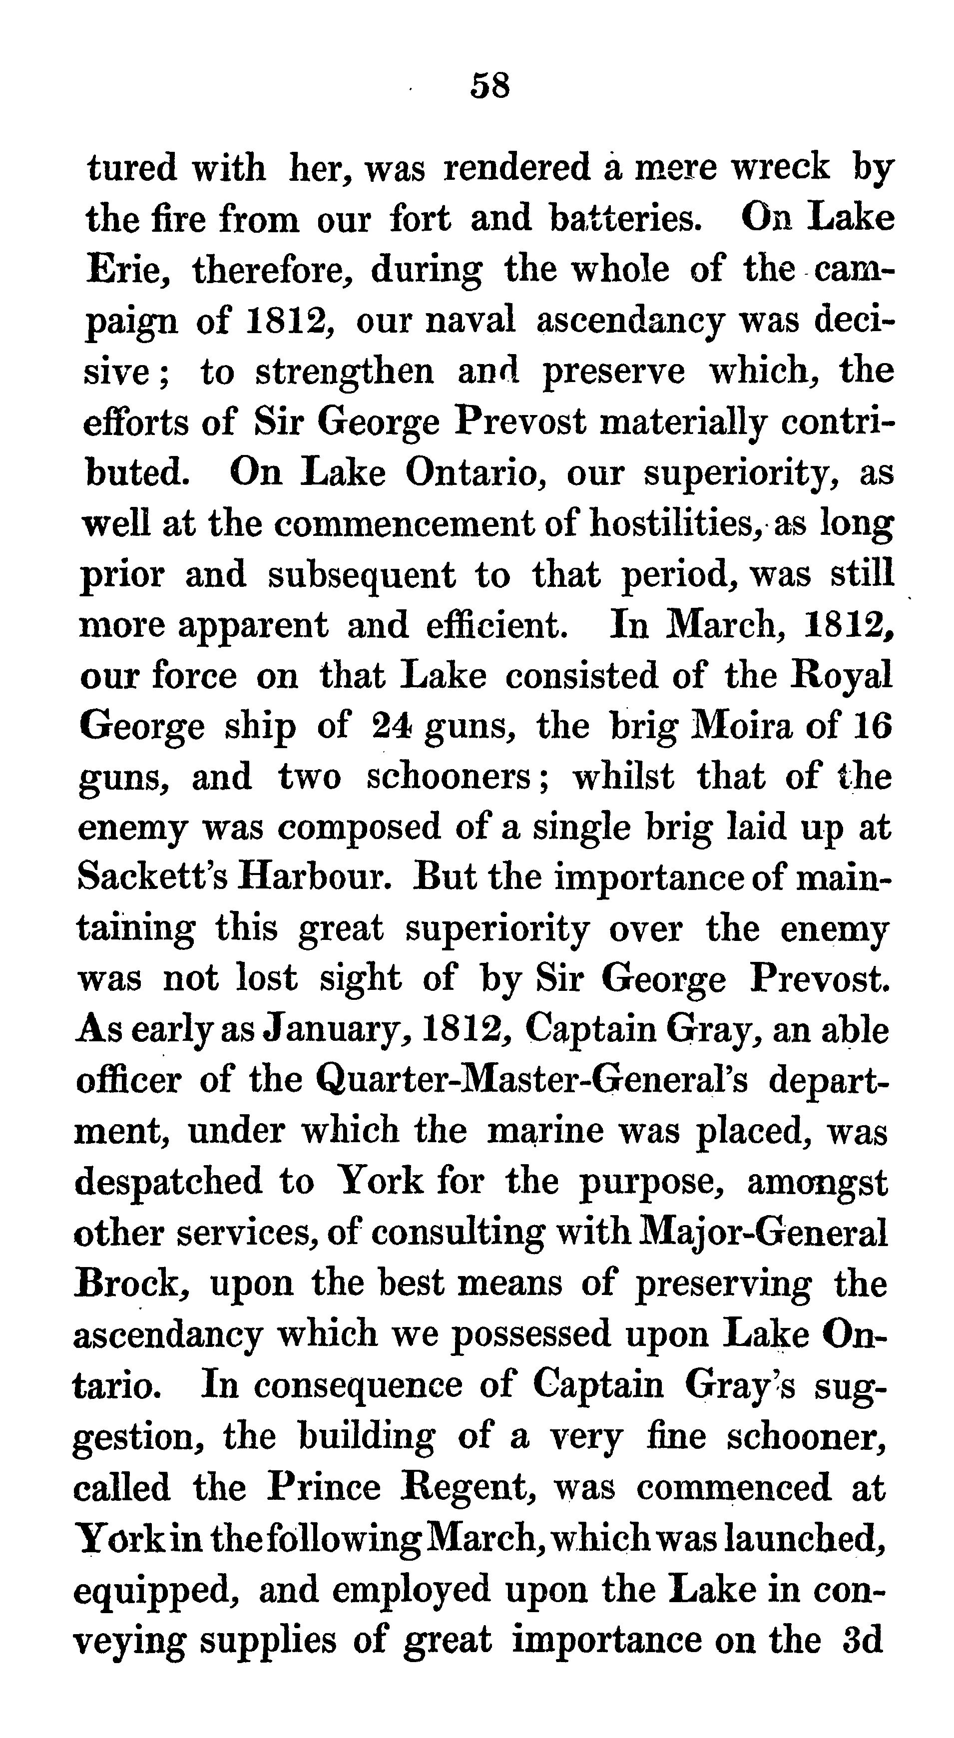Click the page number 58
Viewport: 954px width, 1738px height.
pyautogui.click(x=490, y=86)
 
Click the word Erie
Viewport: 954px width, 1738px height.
pyautogui.click(x=127, y=269)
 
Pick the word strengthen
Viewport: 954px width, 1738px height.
pyautogui.click(x=344, y=371)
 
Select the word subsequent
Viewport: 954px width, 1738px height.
pyautogui.click(x=362, y=575)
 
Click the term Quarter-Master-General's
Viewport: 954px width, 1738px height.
pyautogui.click(x=531, y=1080)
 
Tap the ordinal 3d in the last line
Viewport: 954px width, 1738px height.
pyautogui.click(x=862, y=1640)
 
